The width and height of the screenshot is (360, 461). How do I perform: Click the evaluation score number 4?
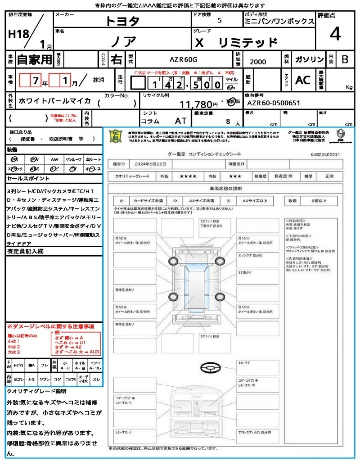coord(335,34)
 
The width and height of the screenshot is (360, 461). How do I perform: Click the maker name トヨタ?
coord(122,21)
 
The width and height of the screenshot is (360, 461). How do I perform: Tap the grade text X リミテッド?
coord(237,43)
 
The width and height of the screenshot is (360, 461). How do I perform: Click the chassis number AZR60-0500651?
coord(274,103)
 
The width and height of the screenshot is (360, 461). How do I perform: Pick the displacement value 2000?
coord(258,62)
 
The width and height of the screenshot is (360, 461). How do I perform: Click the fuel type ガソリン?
coord(309,59)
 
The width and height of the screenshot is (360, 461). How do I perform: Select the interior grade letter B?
coord(345,59)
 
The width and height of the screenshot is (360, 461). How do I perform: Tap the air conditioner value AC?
coord(303,80)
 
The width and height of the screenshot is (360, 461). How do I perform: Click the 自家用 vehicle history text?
coord(35,59)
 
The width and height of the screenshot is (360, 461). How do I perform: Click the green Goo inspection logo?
coord(116,136)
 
